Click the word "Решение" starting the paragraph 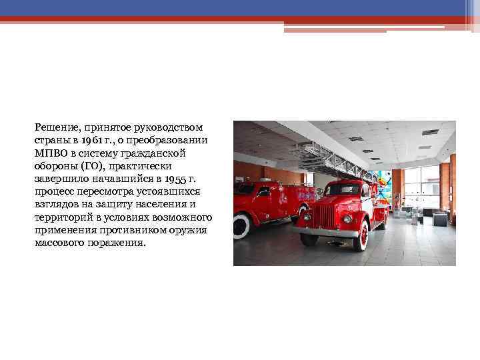(55, 127)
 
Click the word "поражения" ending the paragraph (120, 242)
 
